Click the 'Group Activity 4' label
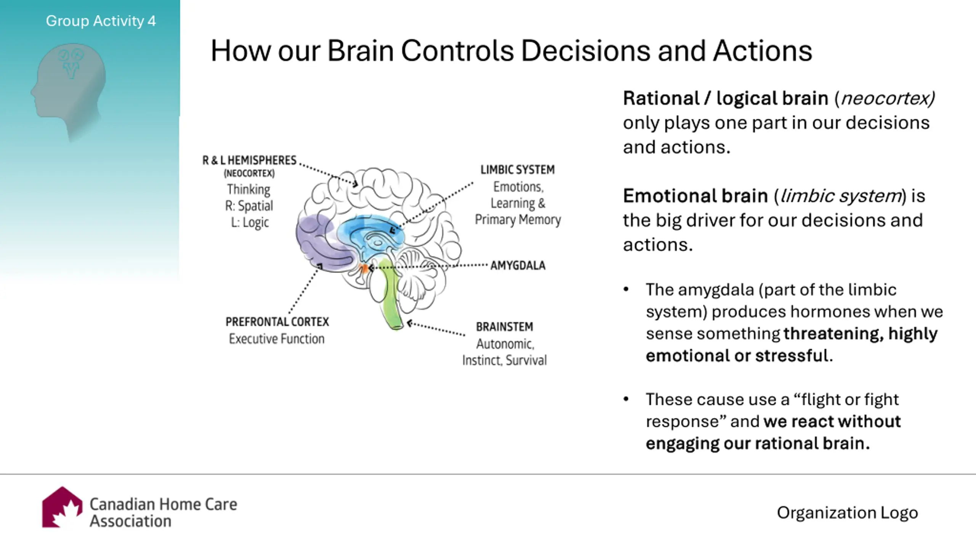101,21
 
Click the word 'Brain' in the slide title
360,51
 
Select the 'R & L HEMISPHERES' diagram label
249,161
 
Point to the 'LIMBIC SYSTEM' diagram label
517,170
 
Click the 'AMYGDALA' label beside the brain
518,265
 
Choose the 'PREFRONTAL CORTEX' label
277,322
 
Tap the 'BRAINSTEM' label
504,327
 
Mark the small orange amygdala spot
363,268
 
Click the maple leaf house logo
62,507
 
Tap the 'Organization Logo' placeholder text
848,513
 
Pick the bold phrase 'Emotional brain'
695,196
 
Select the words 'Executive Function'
276,339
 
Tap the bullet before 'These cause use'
626,399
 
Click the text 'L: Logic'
250,222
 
